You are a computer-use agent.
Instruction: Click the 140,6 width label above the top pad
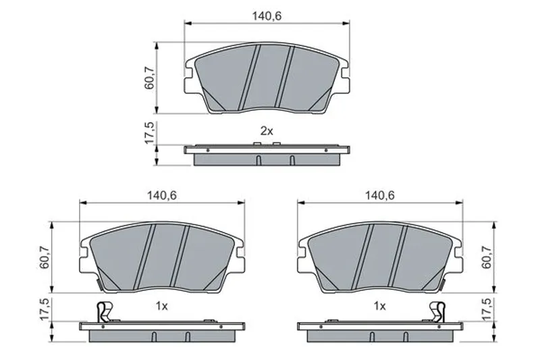(267, 16)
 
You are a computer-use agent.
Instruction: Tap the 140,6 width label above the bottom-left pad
(162, 196)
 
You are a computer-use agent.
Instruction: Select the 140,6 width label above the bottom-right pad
(380, 196)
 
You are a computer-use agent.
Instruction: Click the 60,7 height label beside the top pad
(150, 78)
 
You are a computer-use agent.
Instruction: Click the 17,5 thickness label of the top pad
(150, 132)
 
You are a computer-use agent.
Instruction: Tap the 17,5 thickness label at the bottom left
(45, 309)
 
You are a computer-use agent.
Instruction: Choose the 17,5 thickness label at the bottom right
(487, 309)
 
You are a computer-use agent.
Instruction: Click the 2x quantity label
(267, 131)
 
